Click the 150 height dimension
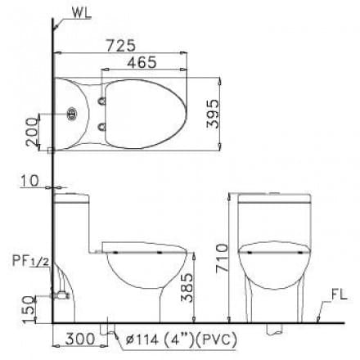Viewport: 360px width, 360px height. tap(30, 309)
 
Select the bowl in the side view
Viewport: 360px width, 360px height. tap(139, 270)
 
